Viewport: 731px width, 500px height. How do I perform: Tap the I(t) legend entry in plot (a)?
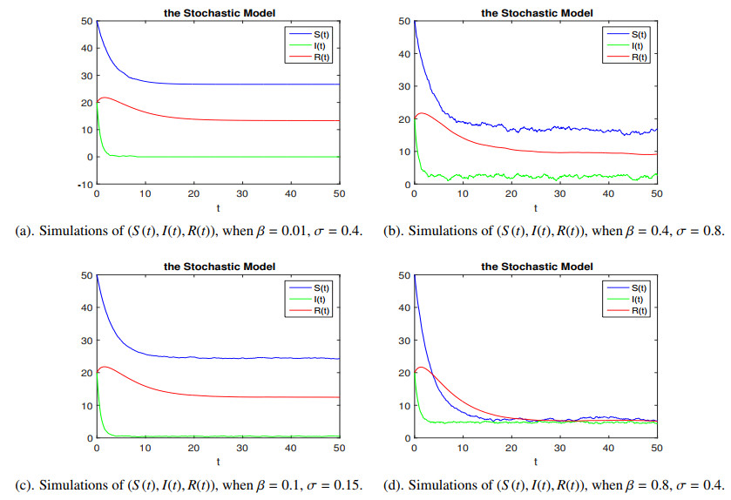(x=321, y=45)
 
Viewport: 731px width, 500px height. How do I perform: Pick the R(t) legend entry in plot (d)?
(x=640, y=311)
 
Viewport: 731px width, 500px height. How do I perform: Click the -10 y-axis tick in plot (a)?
(x=85, y=185)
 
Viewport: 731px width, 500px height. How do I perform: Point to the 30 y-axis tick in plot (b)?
(x=403, y=86)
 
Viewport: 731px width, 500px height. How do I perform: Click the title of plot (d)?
(x=535, y=266)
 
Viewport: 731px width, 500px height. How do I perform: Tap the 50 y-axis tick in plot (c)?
(x=85, y=275)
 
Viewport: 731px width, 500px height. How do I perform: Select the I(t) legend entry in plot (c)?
(x=321, y=299)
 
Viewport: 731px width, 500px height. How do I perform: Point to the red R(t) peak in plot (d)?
(x=423, y=368)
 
